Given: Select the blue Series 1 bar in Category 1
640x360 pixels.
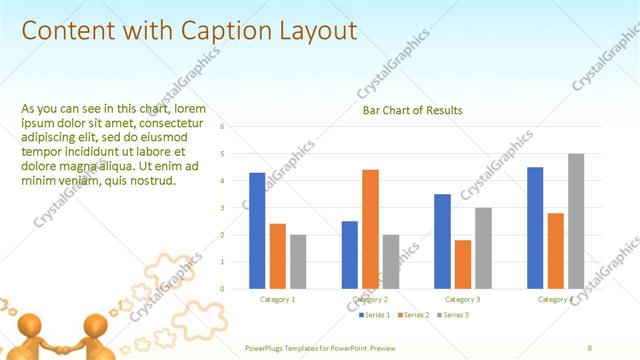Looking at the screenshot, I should click(x=257, y=230).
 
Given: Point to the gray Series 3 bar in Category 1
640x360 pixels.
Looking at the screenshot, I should click(x=298, y=261).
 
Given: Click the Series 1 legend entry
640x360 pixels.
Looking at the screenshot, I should click(x=375, y=315).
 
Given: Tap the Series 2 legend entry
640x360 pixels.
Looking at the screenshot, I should click(x=413, y=315).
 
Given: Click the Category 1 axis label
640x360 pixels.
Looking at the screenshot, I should click(x=277, y=299).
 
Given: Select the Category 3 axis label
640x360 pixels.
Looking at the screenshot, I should click(x=462, y=299).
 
